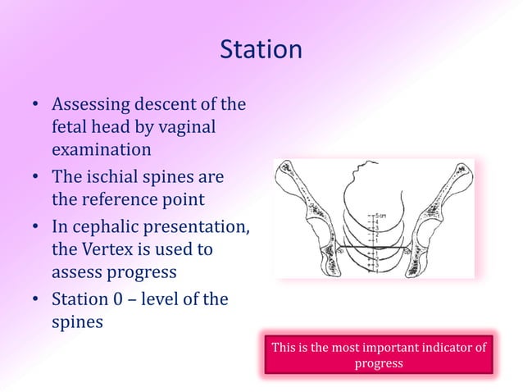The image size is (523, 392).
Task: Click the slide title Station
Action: click(261, 50)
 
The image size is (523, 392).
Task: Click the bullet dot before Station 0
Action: click(37, 300)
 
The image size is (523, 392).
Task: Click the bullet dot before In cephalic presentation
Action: click(37, 227)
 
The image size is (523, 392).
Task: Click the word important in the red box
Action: click(391, 348)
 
